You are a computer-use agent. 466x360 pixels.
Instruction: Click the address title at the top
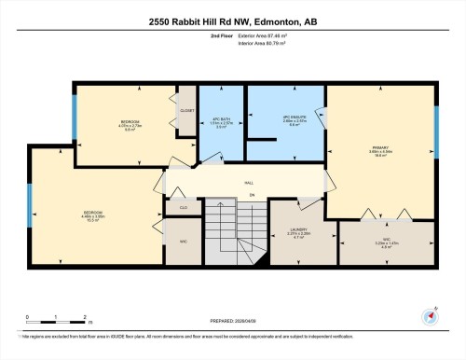233,21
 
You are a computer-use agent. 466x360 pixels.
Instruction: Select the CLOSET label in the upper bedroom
186,110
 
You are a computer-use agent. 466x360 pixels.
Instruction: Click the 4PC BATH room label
221,121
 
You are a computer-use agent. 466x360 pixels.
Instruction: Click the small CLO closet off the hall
184,207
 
